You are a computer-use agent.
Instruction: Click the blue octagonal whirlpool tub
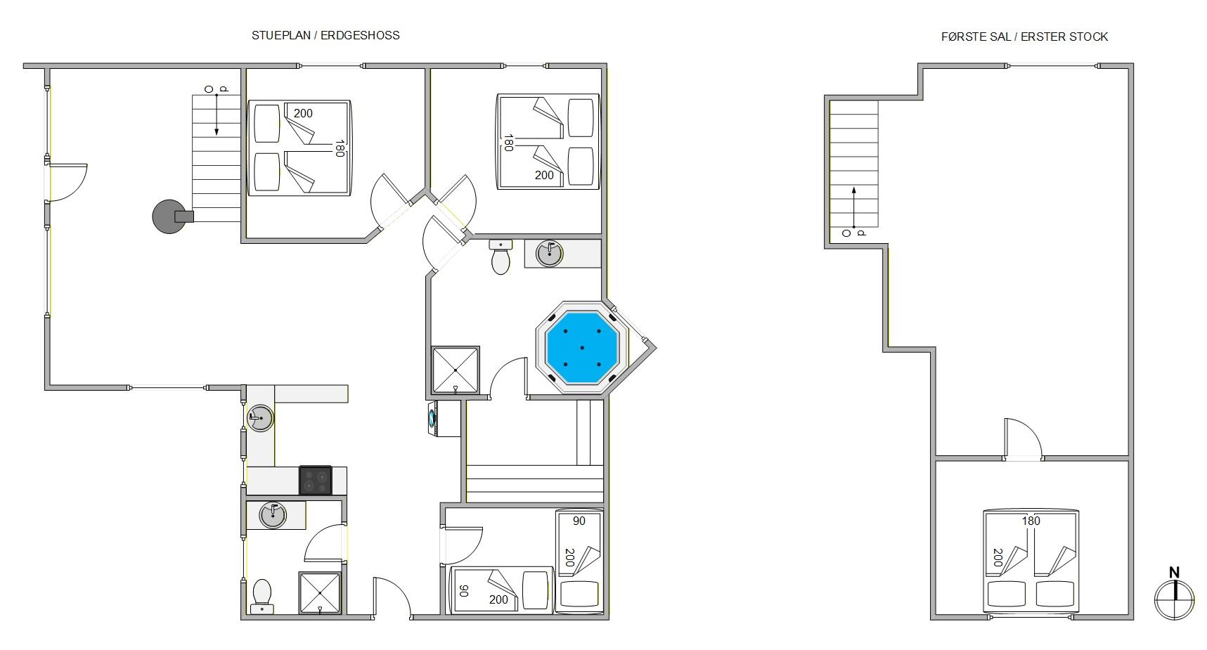[582, 347]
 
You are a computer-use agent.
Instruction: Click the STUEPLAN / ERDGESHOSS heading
[325, 35]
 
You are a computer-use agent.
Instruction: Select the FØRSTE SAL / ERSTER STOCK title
[1024, 37]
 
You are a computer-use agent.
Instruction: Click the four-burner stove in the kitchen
[316, 481]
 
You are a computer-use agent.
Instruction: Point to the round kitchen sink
[260, 418]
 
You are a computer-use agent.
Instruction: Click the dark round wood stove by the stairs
[170, 216]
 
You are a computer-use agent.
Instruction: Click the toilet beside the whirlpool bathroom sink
[501, 258]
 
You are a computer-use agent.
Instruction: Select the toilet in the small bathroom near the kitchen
[262, 597]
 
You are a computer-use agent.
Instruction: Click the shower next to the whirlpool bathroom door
[456, 370]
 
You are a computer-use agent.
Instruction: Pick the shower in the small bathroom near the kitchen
[320, 593]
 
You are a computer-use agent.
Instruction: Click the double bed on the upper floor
[1031, 561]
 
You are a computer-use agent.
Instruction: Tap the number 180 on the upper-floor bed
[1031, 521]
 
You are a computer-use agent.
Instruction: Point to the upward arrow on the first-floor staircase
[854, 208]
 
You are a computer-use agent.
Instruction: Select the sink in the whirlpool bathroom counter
[549, 254]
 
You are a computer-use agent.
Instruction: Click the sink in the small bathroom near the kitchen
[273, 515]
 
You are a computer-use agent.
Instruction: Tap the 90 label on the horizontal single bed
[463, 591]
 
